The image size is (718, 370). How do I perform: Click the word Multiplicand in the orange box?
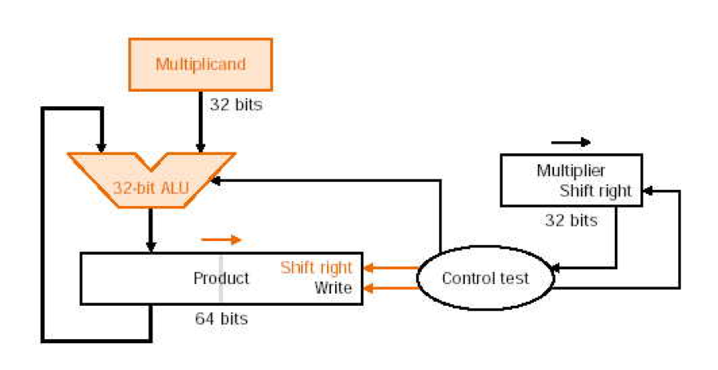[200, 63]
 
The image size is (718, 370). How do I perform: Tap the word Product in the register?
[221, 278]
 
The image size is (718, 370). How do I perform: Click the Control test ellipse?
[485, 278]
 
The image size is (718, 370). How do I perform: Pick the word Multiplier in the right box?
[570, 170]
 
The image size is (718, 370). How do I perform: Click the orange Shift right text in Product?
[316, 268]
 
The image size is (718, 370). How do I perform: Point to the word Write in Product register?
[333, 288]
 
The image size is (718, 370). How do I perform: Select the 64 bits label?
[221, 319]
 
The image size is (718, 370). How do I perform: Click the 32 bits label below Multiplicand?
[236, 105]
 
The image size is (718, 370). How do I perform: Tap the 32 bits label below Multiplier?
[571, 220]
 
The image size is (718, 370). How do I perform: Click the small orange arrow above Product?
[221, 239]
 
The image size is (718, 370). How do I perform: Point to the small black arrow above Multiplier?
[571, 142]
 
